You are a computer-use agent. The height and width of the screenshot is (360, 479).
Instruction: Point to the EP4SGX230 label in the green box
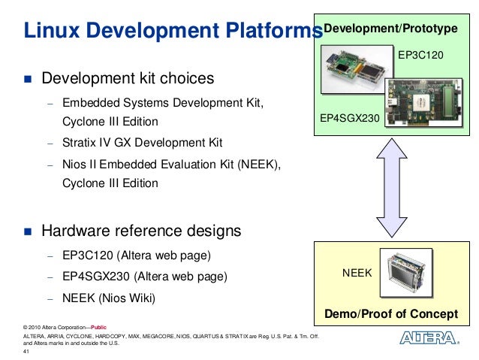coord(349,119)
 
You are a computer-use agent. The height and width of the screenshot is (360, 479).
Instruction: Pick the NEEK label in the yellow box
coord(357,273)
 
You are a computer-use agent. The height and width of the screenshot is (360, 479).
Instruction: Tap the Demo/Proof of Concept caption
coord(390,313)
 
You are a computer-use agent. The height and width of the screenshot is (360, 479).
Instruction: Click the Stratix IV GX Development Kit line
coord(142,142)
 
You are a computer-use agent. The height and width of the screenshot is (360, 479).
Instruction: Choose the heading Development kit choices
coord(128,79)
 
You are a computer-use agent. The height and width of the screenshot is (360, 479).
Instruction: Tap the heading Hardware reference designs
coord(141,230)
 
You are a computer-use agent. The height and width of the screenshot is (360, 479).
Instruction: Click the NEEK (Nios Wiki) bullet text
coord(108,298)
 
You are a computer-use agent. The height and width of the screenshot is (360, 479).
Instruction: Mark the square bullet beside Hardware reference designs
coord(28,231)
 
